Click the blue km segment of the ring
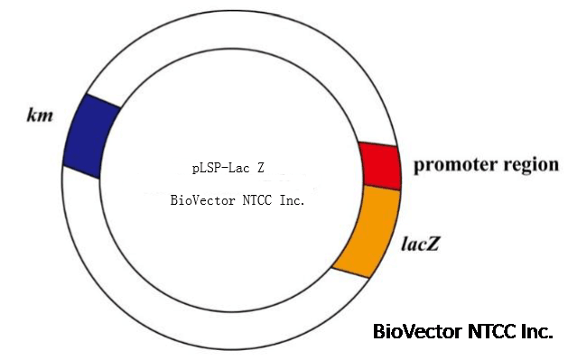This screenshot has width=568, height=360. (90, 136)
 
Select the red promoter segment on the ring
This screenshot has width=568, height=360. (380, 166)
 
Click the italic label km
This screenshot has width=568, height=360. (41, 115)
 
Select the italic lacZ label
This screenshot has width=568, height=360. (420, 244)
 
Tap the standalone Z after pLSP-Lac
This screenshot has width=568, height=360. (261, 168)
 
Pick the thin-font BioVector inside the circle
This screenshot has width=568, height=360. (203, 200)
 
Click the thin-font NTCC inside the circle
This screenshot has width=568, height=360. (256, 200)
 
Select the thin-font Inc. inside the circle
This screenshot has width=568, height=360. (292, 200)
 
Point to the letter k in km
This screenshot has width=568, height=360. (33, 115)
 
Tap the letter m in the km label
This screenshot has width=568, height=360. (46, 117)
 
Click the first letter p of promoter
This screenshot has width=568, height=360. (420, 167)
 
